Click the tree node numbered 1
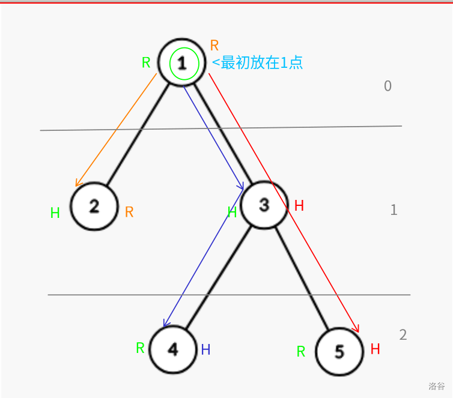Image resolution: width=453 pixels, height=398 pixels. pyautogui.click(x=181, y=62)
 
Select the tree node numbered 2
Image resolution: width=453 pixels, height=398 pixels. pyautogui.click(x=94, y=207)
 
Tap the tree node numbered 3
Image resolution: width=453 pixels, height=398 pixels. pyautogui.click(x=264, y=205)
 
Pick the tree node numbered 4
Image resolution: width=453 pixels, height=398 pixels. pyautogui.click(x=173, y=349)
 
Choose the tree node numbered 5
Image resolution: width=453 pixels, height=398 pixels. pyautogui.click(x=339, y=352)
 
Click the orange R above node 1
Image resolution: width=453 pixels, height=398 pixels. pyautogui.click(x=214, y=45)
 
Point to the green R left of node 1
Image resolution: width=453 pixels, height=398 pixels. pyautogui.click(x=146, y=62)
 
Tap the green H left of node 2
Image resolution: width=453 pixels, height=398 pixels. pyautogui.click(x=55, y=213)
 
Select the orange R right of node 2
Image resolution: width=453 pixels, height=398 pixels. pyautogui.click(x=129, y=212)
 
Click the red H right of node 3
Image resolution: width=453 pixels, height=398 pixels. pyautogui.click(x=299, y=206)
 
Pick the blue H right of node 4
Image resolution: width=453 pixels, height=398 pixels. pyautogui.click(x=205, y=349)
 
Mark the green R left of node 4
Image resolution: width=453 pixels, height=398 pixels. pyautogui.click(x=140, y=348)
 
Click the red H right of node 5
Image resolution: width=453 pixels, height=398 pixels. pyautogui.click(x=375, y=349)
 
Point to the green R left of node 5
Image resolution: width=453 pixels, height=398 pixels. pyautogui.click(x=301, y=352)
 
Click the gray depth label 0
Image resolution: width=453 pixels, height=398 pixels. pyautogui.click(x=388, y=86)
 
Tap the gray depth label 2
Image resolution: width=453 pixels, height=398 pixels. pyautogui.click(x=403, y=335)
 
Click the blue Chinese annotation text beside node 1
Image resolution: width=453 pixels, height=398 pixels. pyautogui.click(x=257, y=62)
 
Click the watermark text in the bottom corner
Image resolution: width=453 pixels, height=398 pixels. pyautogui.click(x=437, y=386)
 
